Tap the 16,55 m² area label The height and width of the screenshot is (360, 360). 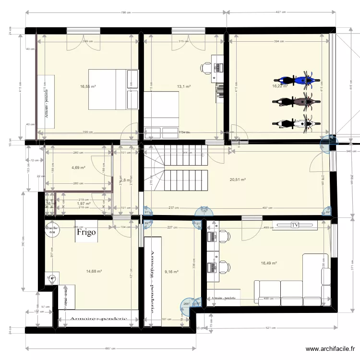88,87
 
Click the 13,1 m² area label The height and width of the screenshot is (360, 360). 184,87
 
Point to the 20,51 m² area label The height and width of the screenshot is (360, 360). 238,180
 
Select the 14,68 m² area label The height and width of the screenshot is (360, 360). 94,271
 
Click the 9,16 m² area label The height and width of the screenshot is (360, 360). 171,271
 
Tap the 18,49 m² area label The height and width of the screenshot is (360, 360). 268,263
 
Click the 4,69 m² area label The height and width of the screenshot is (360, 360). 78,168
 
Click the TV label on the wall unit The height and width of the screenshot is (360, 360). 294,225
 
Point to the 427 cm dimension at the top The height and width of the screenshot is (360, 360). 280,12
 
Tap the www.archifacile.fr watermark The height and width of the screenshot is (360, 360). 330,349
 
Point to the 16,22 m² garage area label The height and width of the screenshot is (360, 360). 279,86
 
